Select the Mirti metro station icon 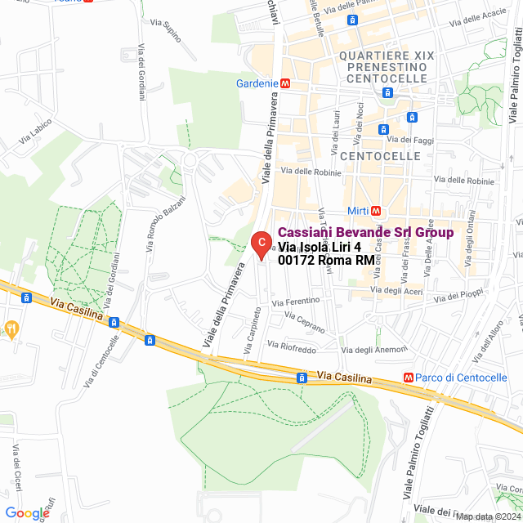(x=375, y=210)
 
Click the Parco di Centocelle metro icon (x=409, y=377)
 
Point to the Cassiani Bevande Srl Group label (x=365, y=232)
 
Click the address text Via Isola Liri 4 (x=320, y=247)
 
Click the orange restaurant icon (x=11, y=329)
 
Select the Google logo (x=27, y=513)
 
